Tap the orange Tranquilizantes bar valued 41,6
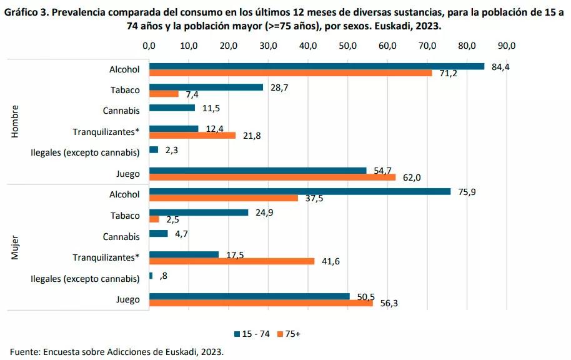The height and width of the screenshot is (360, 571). (x=232, y=261)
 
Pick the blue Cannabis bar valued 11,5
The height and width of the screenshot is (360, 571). (x=172, y=108)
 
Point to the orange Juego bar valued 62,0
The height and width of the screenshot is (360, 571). (x=272, y=177)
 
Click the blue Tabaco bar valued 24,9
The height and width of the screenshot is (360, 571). (x=199, y=212)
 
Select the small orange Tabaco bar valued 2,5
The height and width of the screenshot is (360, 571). (x=154, y=219)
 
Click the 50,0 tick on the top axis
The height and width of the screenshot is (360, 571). (x=347, y=46)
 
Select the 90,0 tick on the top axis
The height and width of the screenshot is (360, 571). (x=506, y=46)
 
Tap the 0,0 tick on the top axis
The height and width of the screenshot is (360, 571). (x=149, y=46)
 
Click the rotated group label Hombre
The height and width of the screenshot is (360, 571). (x=16, y=122)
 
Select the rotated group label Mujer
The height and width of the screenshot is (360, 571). (x=16, y=247)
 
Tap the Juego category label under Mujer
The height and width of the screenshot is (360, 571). (x=127, y=299)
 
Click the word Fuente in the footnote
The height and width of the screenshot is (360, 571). (x=24, y=351)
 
